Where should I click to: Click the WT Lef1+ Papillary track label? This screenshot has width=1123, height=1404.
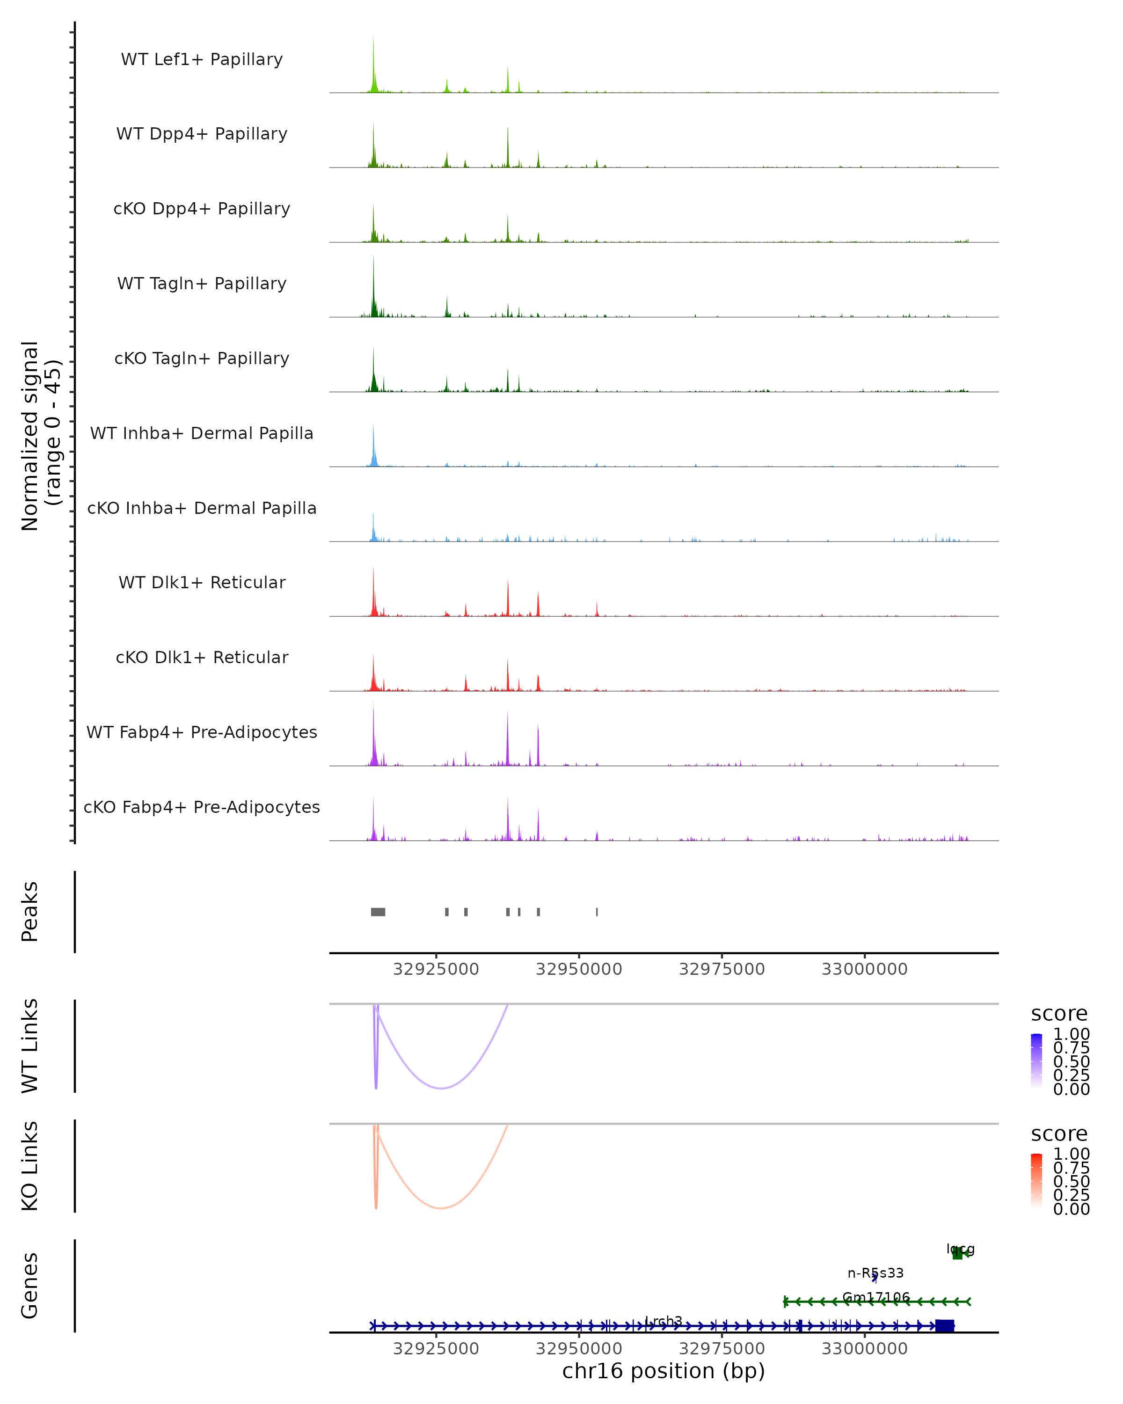[x=202, y=59]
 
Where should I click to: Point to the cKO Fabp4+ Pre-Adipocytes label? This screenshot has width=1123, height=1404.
[x=202, y=807]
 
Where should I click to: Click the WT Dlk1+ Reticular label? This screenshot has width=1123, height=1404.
[x=202, y=582]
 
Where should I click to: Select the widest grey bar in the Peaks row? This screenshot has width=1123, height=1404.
[x=378, y=912]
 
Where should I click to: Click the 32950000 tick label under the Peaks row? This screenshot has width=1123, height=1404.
[x=579, y=969]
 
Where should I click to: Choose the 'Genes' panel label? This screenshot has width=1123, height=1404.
[x=30, y=1286]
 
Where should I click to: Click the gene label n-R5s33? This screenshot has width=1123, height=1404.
[x=875, y=1272]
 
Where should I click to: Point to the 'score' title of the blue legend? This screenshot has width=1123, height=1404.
[x=1059, y=1014]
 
